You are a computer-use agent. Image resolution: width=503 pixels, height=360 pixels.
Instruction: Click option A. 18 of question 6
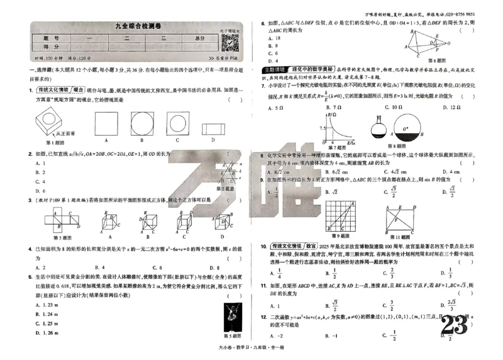click(274, 38)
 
